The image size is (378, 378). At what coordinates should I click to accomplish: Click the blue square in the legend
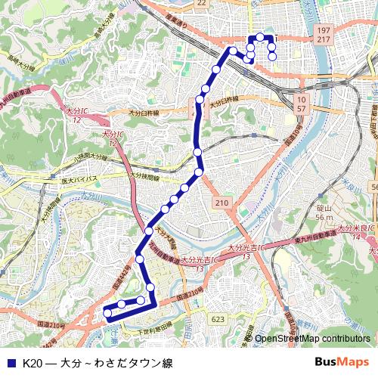point(10,362)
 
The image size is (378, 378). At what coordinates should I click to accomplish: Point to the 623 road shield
point(218,320)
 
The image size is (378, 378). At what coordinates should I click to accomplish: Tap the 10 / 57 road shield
point(302,104)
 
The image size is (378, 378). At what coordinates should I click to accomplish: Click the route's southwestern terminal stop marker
point(107,312)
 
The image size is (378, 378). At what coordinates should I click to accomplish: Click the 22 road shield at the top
point(200,3)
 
